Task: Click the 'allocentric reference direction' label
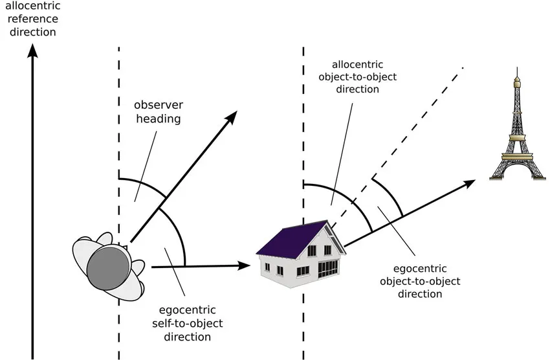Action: pos(32,19)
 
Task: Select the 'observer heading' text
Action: pos(159,112)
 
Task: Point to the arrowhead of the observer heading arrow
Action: pos(231,117)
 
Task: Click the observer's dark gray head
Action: pos(107,269)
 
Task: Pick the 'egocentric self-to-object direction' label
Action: pos(187,323)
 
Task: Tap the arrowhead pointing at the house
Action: pos(244,265)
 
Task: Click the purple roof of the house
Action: pos(291,240)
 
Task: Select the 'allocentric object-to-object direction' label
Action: pos(357,77)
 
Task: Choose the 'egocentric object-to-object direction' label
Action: pos(420,281)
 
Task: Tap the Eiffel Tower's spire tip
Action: pos(517,68)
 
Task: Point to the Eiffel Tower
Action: pos(518,124)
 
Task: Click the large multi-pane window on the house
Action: pos(328,269)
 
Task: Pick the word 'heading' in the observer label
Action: pos(159,119)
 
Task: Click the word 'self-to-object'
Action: pos(187,323)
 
